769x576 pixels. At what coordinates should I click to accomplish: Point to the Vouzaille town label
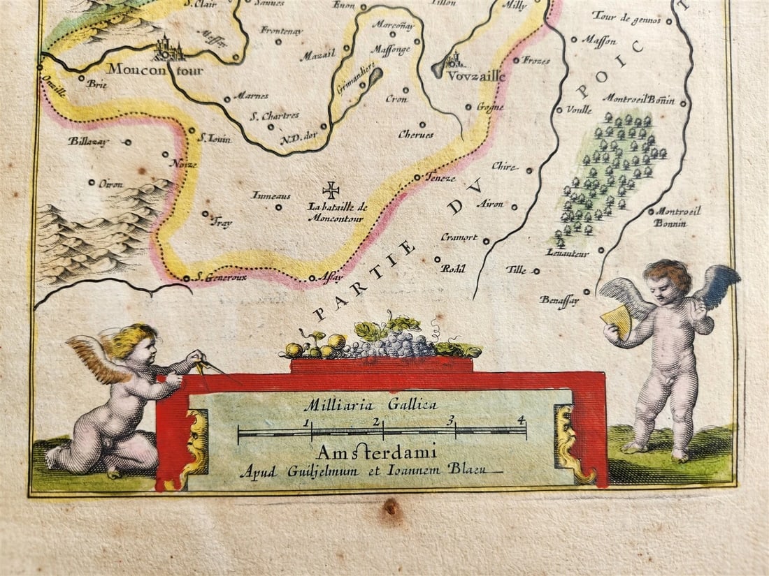click(x=477, y=77)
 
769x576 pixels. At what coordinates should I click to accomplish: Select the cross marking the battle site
click(x=331, y=190)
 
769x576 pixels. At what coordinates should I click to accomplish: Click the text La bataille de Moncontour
click(x=338, y=212)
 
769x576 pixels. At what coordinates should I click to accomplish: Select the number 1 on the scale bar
click(x=306, y=422)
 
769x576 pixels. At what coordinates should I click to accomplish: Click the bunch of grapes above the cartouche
click(x=389, y=343)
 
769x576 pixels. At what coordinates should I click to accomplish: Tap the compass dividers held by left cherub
click(x=210, y=368)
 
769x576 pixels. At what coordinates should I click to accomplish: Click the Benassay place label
click(x=559, y=300)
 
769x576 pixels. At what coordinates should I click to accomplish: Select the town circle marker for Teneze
click(x=417, y=177)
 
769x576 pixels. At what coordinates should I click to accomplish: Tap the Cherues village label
click(x=415, y=135)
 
